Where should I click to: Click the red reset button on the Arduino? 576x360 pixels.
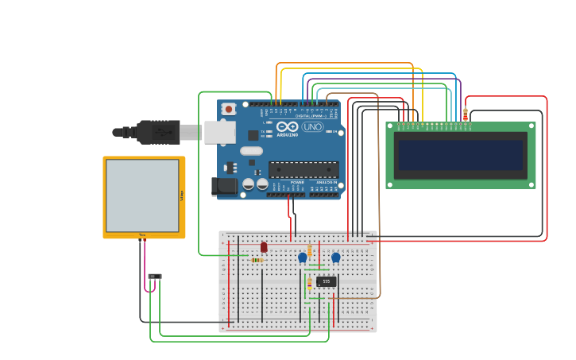click(x=229, y=109)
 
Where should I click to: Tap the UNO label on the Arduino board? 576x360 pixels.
click(x=312, y=127)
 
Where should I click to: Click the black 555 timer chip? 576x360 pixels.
click(x=326, y=281)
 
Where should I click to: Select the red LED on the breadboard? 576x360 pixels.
click(x=264, y=247)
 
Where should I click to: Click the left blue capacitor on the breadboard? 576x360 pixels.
click(x=302, y=257)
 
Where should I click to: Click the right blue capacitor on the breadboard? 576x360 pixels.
click(x=336, y=257)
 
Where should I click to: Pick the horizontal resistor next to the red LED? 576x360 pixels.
click(x=257, y=260)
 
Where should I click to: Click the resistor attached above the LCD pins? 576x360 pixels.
click(x=466, y=114)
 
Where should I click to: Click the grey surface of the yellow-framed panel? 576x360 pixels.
click(x=143, y=195)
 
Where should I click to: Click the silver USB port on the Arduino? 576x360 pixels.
click(x=220, y=132)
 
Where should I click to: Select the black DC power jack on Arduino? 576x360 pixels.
click(x=226, y=186)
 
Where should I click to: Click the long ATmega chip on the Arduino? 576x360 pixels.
click(x=303, y=169)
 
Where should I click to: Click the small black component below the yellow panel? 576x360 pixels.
click(x=155, y=277)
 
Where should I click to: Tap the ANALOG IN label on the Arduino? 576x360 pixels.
click(x=327, y=182)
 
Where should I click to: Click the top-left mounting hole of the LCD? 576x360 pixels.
click(x=390, y=126)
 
